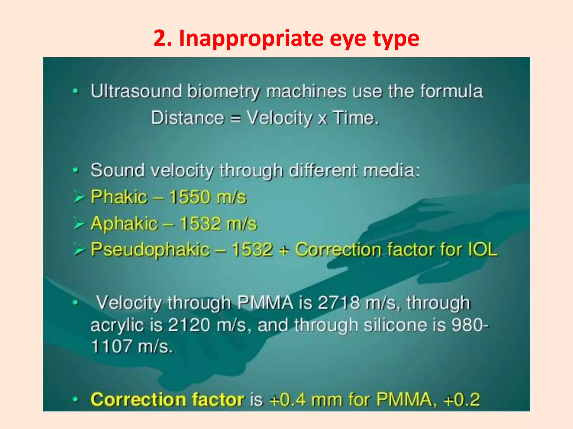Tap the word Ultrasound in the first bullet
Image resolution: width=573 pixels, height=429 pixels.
136,91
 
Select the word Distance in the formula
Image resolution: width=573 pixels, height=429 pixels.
187,118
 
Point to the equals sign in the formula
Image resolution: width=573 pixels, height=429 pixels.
235,119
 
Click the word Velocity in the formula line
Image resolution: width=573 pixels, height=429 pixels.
279,118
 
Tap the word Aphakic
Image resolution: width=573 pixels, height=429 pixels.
124,223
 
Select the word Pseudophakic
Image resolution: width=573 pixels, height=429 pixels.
150,249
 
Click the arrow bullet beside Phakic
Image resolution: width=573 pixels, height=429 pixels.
79,197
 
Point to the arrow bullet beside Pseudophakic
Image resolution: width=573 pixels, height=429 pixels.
79,250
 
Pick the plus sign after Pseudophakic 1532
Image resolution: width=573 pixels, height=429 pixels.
283,250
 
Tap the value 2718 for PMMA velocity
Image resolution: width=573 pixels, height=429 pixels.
339,303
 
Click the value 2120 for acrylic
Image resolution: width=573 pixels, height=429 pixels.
189,325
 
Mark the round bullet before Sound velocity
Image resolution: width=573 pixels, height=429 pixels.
75,170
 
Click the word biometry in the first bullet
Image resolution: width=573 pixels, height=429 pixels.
223,92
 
